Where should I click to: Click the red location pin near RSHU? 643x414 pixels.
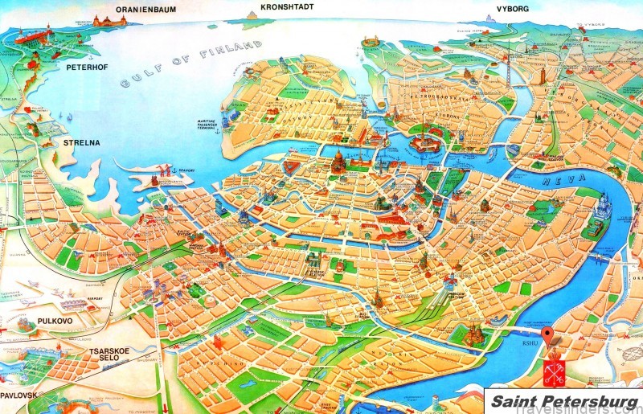[x=547, y=335]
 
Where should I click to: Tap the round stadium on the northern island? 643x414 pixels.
[x=371, y=39]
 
